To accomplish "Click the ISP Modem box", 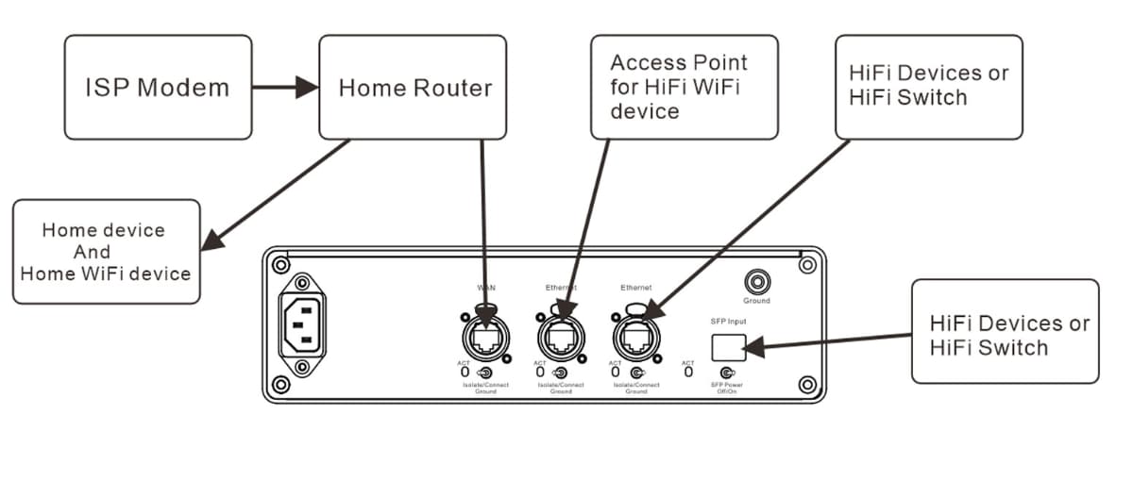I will click(x=158, y=88).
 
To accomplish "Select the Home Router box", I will click(x=413, y=88).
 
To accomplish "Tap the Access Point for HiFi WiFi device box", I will click(x=684, y=88).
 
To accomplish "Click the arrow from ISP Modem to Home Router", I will click(x=286, y=88).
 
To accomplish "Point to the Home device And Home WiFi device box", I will click(x=106, y=252).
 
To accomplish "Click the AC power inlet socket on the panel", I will click(x=302, y=323).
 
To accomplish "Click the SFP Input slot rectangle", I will click(x=730, y=346).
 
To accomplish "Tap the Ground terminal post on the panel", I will click(x=755, y=281).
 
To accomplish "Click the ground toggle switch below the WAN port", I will click(x=484, y=373).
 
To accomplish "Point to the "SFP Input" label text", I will click(x=729, y=322).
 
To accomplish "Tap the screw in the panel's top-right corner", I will click(x=806, y=266).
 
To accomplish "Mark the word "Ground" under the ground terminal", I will click(x=755, y=301).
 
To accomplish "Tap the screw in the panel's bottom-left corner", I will click(x=280, y=384).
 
